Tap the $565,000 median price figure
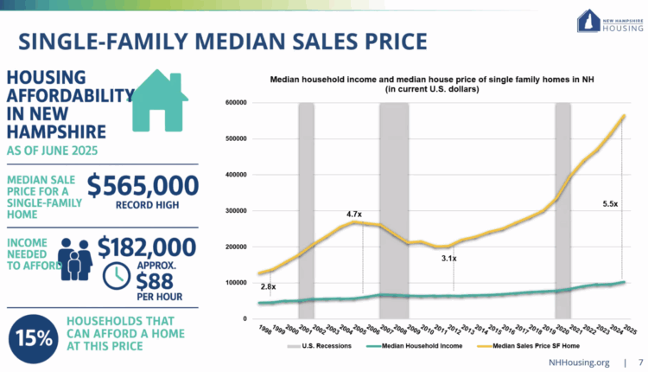click(143, 185)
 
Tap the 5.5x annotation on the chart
click(610, 204)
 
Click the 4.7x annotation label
click(353, 213)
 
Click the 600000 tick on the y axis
click(236, 103)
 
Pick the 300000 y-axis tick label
click(236, 211)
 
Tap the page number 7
click(639, 363)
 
